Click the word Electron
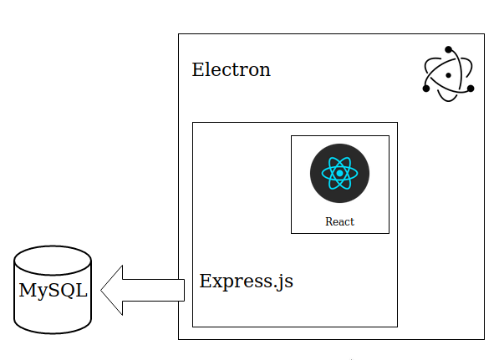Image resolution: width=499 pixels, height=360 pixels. point(231,69)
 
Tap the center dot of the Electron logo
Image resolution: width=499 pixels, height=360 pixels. point(448,75)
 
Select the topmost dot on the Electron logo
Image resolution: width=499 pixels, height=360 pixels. point(448,49)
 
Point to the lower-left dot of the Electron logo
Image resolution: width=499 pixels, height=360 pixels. point(426,89)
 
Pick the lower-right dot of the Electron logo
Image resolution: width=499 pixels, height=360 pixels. point(471,89)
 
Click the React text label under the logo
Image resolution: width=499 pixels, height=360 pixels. point(339,221)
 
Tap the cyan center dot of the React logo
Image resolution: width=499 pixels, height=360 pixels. point(339,174)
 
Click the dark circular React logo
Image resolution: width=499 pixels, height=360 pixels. point(339,174)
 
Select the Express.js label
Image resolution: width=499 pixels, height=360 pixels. point(246,281)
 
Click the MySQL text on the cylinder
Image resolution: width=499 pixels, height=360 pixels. point(53,291)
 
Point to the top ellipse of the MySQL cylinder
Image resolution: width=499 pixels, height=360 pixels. point(53,260)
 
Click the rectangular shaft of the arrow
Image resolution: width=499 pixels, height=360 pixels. point(154,290)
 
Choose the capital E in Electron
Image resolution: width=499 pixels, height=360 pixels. point(197,69)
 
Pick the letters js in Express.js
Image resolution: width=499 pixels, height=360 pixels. point(286,282)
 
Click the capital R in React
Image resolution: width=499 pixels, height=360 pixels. point(329,221)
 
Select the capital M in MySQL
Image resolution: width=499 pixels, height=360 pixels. point(27,290)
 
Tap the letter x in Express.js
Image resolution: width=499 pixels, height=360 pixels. point(216,282)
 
